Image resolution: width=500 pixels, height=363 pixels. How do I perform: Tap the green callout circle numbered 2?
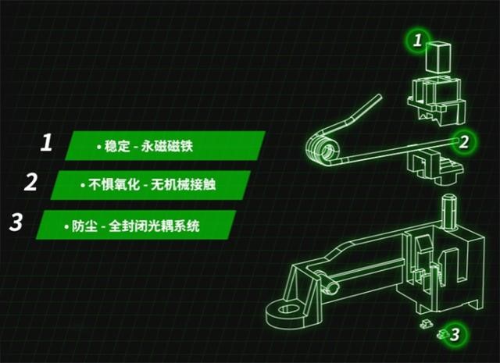pos(463,141)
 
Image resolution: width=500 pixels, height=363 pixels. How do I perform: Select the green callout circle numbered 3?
pos(456,336)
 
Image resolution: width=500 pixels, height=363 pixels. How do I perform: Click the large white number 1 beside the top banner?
pos(46,144)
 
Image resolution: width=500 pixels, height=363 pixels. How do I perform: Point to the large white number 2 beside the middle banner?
pos(31,183)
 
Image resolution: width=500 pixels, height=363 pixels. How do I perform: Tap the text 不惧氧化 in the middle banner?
pos(102,185)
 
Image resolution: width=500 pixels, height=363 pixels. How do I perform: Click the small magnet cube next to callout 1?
pos(438,58)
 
